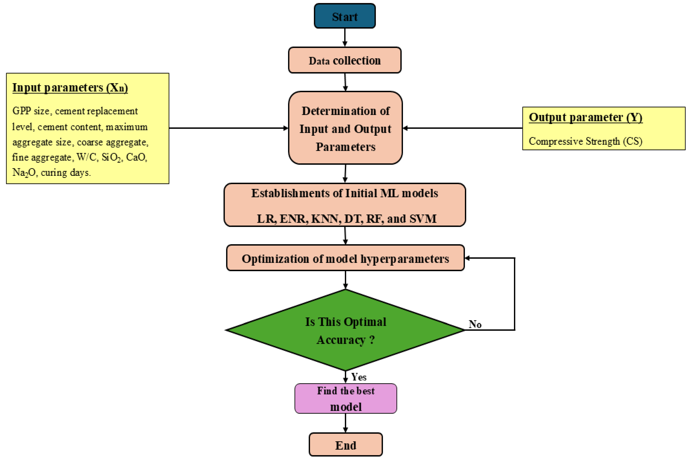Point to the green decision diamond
[345, 330]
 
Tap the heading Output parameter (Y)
[586, 117]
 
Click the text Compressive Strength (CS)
[586, 141]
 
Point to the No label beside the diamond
[475, 324]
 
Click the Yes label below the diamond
[359, 377]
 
